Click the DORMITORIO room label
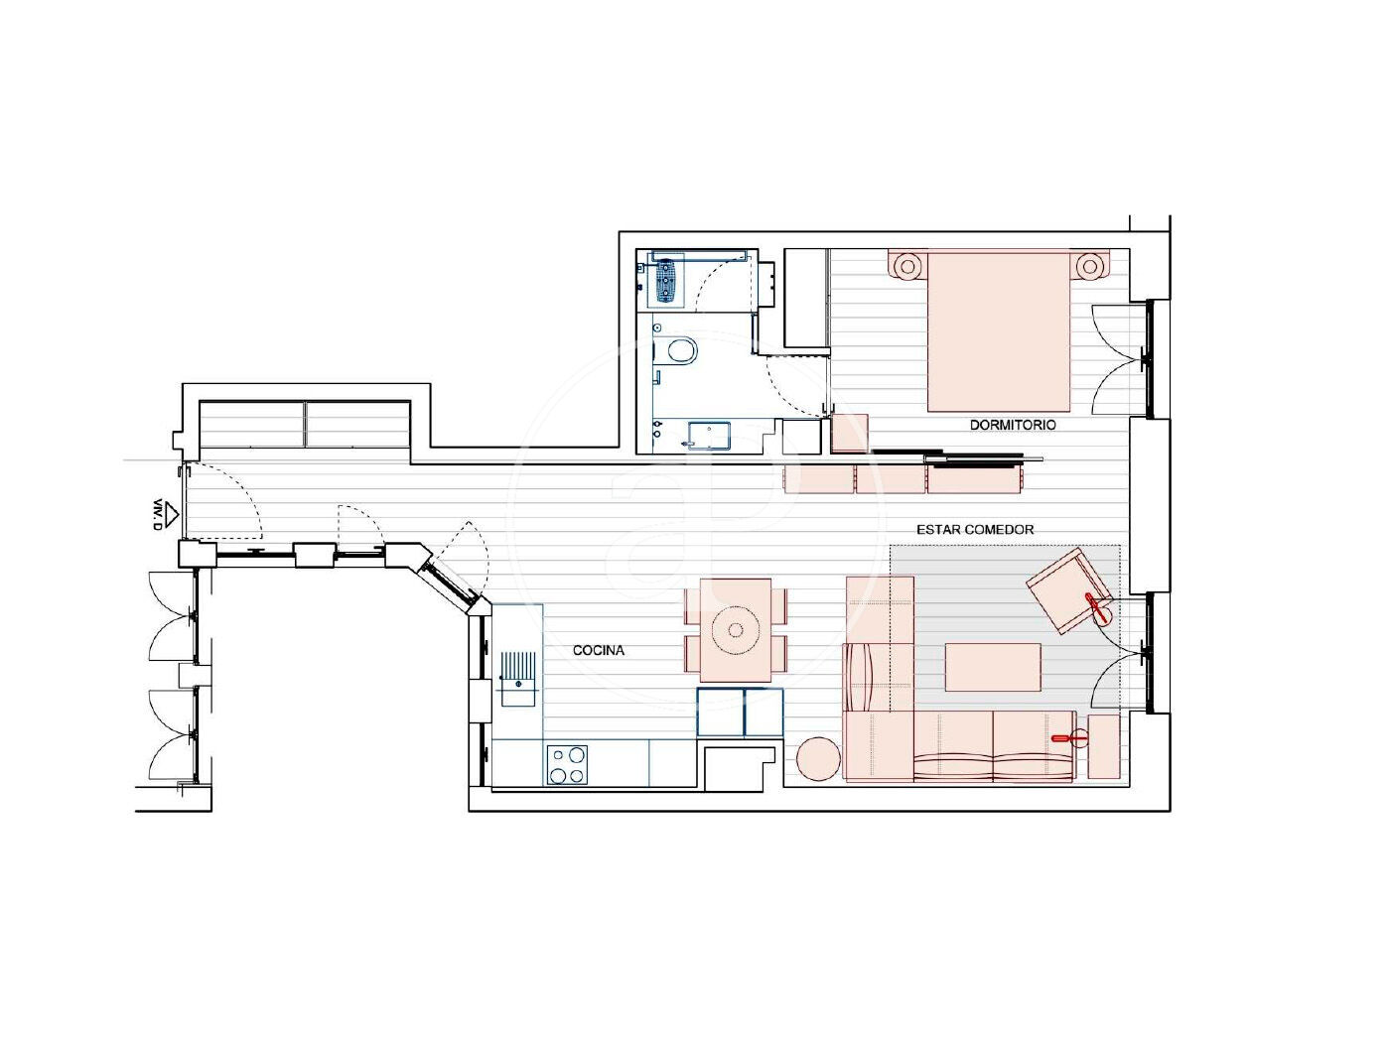click(1013, 425)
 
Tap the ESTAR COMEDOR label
click(975, 530)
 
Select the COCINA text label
click(599, 650)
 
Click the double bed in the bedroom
click(999, 331)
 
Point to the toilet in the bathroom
click(676, 350)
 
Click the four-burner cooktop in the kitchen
click(567, 765)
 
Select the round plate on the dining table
click(736, 630)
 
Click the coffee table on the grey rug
click(993, 667)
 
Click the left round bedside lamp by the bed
click(908, 266)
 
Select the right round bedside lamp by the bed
click(1089, 266)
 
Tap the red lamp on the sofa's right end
click(1069, 737)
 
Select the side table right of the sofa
click(1104, 746)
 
